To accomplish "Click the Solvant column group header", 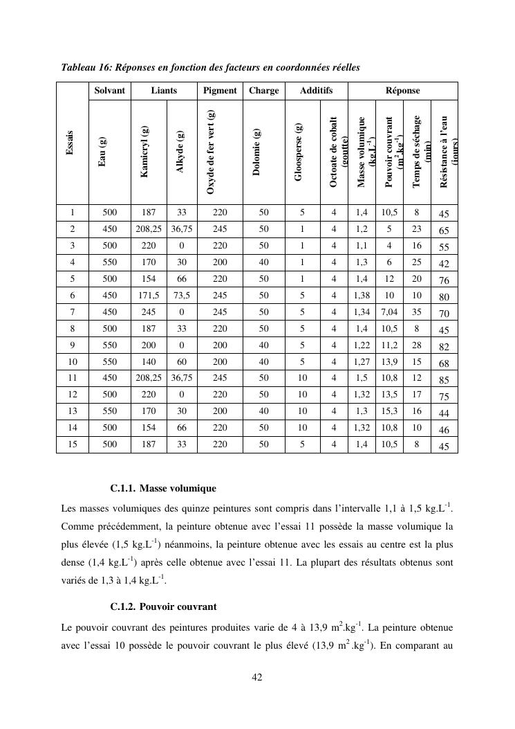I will click(x=110, y=91).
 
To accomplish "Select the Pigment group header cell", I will click(x=220, y=91).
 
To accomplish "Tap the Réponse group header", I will click(x=402, y=91).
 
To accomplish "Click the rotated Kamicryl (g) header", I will click(x=144, y=152).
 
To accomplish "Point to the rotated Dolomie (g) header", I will click(x=256, y=152).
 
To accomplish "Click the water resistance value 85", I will click(x=444, y=380).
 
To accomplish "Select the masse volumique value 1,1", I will click(x=361, y=245).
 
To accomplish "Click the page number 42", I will click(x=256, y=677).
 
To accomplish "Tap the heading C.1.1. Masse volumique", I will click(x=163, y=489).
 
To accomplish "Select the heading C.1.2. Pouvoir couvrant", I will click(x=163, y=606).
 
